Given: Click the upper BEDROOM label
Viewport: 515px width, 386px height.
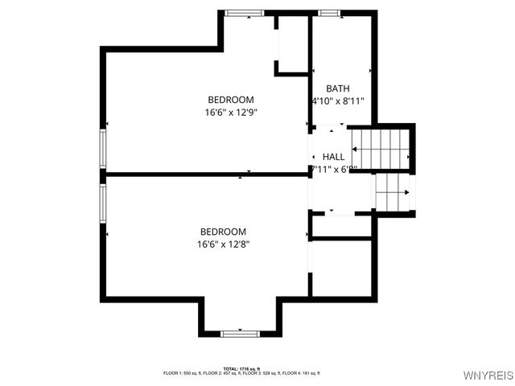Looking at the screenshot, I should coord(231,100).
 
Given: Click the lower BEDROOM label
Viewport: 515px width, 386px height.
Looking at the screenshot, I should coord(224,231).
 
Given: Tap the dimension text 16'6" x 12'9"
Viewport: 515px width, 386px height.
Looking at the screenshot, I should coord(231,113).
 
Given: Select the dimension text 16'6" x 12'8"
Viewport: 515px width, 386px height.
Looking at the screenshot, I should coord(224,244).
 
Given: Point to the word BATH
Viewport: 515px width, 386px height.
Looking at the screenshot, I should coord(338,88).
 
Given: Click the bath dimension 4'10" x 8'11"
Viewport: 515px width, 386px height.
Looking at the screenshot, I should coord(338,102).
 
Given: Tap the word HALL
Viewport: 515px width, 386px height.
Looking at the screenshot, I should coord(333,157).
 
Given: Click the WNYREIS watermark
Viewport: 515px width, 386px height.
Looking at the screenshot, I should coord(488,376).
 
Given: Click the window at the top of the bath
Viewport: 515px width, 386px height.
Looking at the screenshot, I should coord(328,13).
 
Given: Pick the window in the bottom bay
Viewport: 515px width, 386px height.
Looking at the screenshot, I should coord(240,332).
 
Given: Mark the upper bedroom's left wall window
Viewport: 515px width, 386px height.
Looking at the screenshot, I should coord(103,148).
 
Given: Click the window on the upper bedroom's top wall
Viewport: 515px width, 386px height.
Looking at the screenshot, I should coord(244,13).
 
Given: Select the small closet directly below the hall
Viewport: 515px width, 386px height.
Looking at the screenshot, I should coord(341,227).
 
